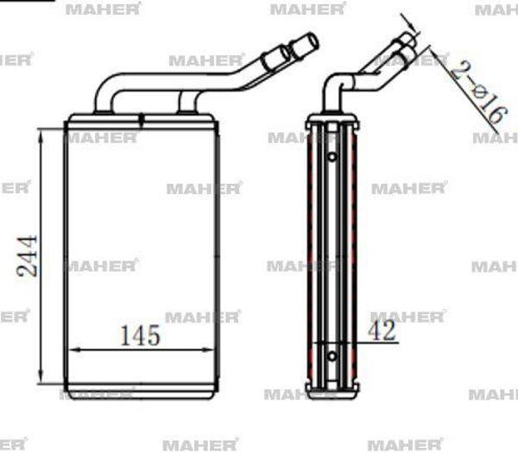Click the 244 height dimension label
pos(28,255)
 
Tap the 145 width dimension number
pos(140,335)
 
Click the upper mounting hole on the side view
pos(332,157)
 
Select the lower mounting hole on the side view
pos(332,353)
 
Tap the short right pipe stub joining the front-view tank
pos(187,103)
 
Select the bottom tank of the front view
pos(141,390)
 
